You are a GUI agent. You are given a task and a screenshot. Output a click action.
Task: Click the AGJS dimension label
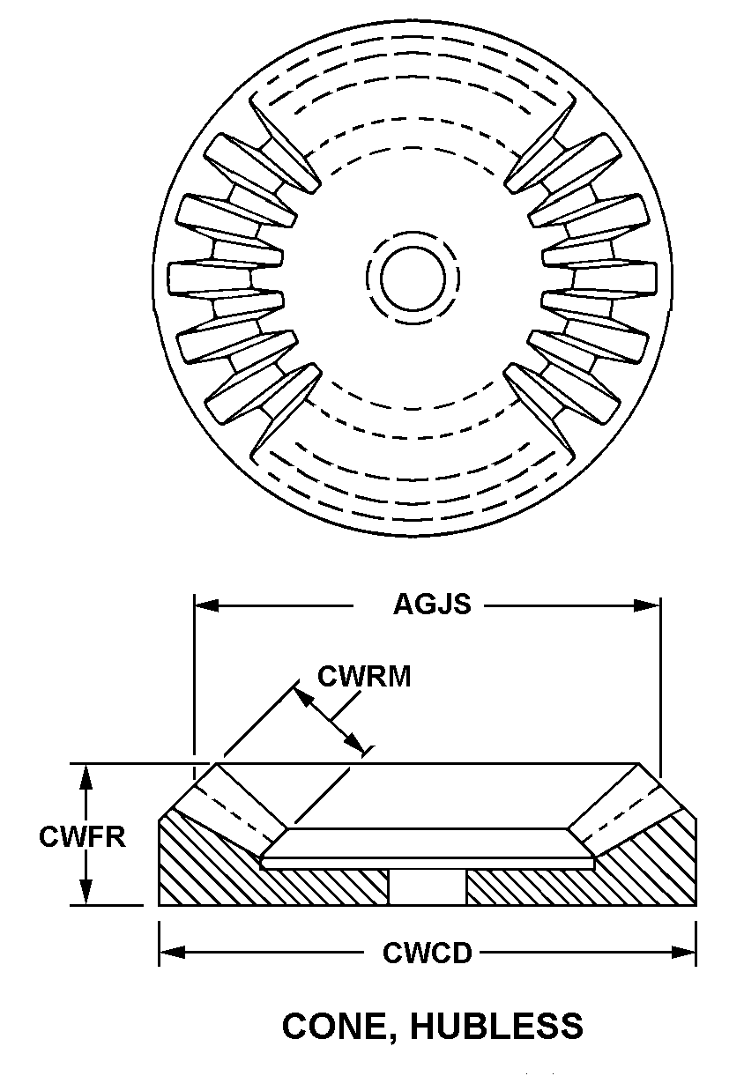click(x=432, y=605)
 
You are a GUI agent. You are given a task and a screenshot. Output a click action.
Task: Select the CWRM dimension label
click(x=364, y=677)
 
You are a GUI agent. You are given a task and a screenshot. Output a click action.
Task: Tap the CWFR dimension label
click(x=82, y=836)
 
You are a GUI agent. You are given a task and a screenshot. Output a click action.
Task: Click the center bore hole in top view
click(x=413, y=278)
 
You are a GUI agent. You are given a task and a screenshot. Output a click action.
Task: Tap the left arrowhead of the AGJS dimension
click(x=205, y=605)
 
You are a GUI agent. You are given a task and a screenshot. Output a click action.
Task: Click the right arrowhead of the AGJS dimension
click(x=648, y=605)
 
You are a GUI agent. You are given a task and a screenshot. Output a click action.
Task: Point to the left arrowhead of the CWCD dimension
click(x=172, y=952)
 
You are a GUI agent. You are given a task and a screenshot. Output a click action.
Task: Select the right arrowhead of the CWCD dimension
click(x=684, y=952)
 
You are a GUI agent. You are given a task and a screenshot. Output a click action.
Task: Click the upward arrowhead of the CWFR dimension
click(x=86, y=777)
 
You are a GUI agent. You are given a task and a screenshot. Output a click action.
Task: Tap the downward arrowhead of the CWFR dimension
click(x=86, y=892)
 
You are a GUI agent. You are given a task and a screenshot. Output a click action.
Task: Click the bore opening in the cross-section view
click(x=428, y=887)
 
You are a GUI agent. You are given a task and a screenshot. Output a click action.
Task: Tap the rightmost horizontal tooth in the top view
click(x=599, y=278)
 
